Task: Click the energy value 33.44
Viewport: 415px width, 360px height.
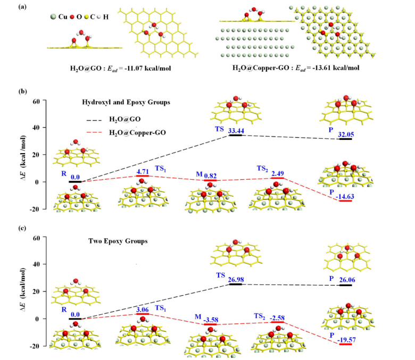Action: (236, 130)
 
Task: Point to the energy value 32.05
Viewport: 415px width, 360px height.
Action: (346, 135)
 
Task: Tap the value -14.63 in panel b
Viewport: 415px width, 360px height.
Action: (345, 197)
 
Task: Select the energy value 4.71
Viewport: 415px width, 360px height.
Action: (143, 171)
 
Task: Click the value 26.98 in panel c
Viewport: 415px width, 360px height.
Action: (236, 280)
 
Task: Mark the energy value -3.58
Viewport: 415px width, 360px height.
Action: (211, 320)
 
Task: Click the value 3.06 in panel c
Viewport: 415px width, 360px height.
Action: (143, 309)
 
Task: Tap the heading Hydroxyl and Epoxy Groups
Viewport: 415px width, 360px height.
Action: (126, 103)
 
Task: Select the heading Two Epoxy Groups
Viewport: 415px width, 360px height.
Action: (118, 241)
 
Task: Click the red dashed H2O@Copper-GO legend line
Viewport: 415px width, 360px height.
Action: (94, 132)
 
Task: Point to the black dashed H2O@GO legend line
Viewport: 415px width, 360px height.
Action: (94, 120)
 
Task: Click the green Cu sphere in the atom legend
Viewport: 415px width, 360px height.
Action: (53, 17)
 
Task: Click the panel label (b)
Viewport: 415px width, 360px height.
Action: (22, 91)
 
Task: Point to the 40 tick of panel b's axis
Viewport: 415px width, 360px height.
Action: (36, 128)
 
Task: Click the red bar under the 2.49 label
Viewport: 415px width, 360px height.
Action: (278, 178)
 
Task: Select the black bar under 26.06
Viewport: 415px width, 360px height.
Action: (346, 285)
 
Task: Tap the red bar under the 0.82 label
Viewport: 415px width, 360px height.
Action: (210, 180)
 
